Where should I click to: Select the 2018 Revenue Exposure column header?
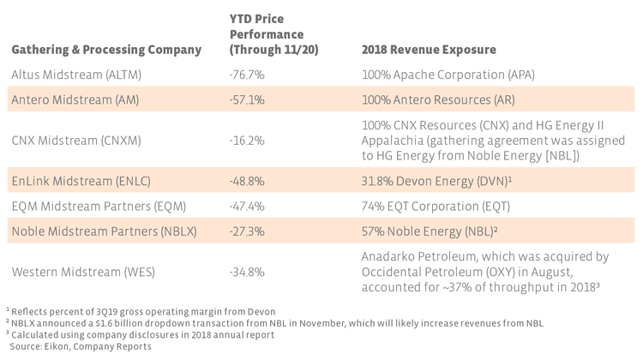pos(429,50)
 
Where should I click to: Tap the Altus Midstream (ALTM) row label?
pos(78,75)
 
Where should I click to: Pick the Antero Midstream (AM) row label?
pos(75,99)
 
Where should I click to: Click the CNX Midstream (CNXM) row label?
pos(75,140)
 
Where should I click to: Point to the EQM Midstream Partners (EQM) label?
pos(95,206)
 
